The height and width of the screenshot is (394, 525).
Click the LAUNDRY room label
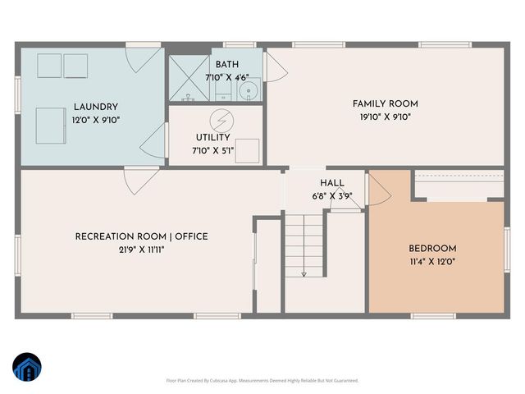point(95,107)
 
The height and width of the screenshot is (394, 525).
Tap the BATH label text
point(226,65)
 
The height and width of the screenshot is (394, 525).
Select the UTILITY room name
point(212,138)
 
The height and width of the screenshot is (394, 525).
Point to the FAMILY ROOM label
point(385,103)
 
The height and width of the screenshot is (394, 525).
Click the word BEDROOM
point(432,249)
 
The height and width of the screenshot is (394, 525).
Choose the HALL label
point(332,183)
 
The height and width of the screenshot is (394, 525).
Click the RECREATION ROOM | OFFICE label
point(141,236)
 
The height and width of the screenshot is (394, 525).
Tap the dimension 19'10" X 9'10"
point(385,117)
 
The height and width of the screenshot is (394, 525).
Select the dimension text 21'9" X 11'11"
point(141,250)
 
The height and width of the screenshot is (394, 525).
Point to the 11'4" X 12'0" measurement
point(432,262)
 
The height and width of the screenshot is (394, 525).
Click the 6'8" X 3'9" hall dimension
point(332,196)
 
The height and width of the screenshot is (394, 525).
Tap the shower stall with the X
point(188,79)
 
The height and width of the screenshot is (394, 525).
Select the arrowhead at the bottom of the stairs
point(304,273)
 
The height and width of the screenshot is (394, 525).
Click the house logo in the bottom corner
point(26,367)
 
